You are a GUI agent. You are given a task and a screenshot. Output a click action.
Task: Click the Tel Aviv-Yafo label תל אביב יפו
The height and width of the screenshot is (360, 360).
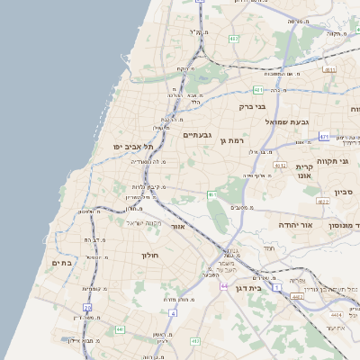tap(133, 147)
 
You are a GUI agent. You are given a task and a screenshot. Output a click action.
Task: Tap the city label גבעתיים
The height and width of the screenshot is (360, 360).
tap(197, 135)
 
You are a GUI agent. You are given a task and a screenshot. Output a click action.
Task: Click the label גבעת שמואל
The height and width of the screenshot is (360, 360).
tap(287, 121)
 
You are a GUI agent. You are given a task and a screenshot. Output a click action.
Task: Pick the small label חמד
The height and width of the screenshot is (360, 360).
tap(268, 247)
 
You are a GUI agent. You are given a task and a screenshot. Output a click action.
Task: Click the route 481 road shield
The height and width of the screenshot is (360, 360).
tap(258, 90)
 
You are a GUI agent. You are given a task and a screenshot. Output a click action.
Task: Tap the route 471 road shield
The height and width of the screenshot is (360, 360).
tap(323, 137)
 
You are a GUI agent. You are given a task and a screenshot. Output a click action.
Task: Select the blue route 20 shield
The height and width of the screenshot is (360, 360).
tap(87, 308)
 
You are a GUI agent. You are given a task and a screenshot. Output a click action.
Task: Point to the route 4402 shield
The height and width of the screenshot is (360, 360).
tap(296, 296)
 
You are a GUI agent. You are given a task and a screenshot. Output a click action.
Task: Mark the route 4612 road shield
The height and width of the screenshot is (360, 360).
tap(280, 165)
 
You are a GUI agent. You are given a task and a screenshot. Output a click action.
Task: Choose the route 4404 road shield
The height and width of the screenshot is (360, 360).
tap(336, 315)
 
